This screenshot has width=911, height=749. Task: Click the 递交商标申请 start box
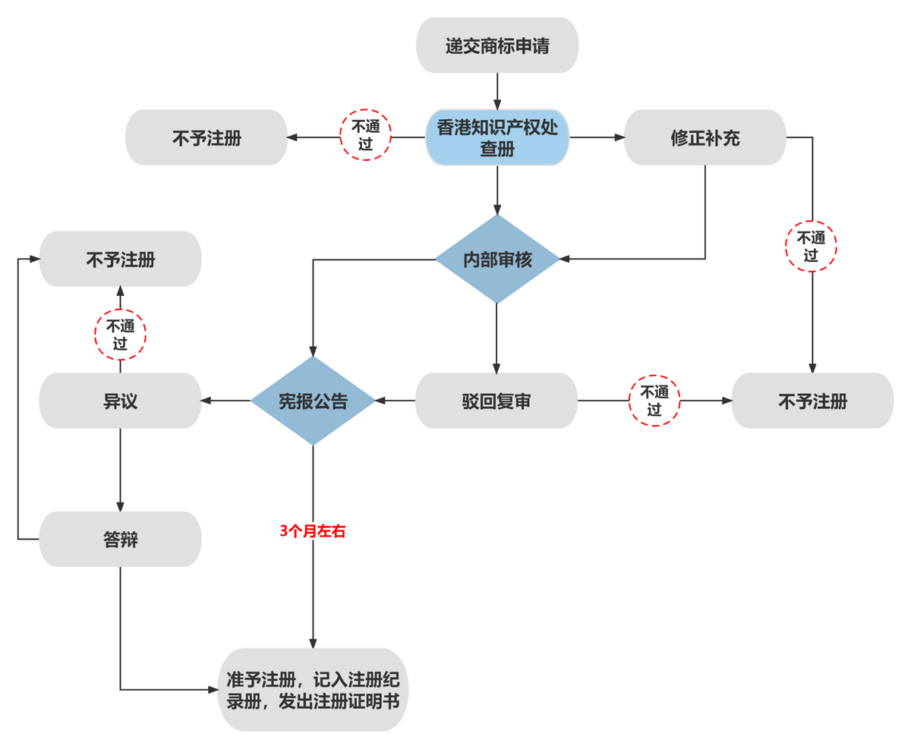[x=497, y=46]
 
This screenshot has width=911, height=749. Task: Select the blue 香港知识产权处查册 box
[x=497, y=137]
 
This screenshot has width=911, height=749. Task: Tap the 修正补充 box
[x=705, y=137]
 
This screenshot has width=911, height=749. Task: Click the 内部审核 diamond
[x=497, y=259]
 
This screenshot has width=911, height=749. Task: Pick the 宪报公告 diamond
[x=313, y=401]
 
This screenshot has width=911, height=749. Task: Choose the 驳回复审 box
[x=496, y=401]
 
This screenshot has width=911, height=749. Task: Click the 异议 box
[x=120, y=401]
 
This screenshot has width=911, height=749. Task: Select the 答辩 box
[x=120, y=539]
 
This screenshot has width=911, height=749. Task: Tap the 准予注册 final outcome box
[x=313, y=689]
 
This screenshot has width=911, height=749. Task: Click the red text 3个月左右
[x=313, y=531]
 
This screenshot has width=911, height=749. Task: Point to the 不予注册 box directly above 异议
[x=120, y=259]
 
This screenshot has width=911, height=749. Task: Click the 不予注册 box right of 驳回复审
[x=812, y=401]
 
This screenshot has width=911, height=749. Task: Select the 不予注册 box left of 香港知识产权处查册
[x=206, y=137]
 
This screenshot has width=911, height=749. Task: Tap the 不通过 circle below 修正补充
[x=811, y=246]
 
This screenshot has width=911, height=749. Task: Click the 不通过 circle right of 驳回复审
[x=654, y=401]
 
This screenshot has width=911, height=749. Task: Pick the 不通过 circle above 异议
[x=120, y=335]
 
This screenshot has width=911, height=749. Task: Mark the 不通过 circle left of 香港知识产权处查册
[x=365, y=136]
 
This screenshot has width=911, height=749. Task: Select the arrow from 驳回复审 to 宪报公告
[x=395, y=400]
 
